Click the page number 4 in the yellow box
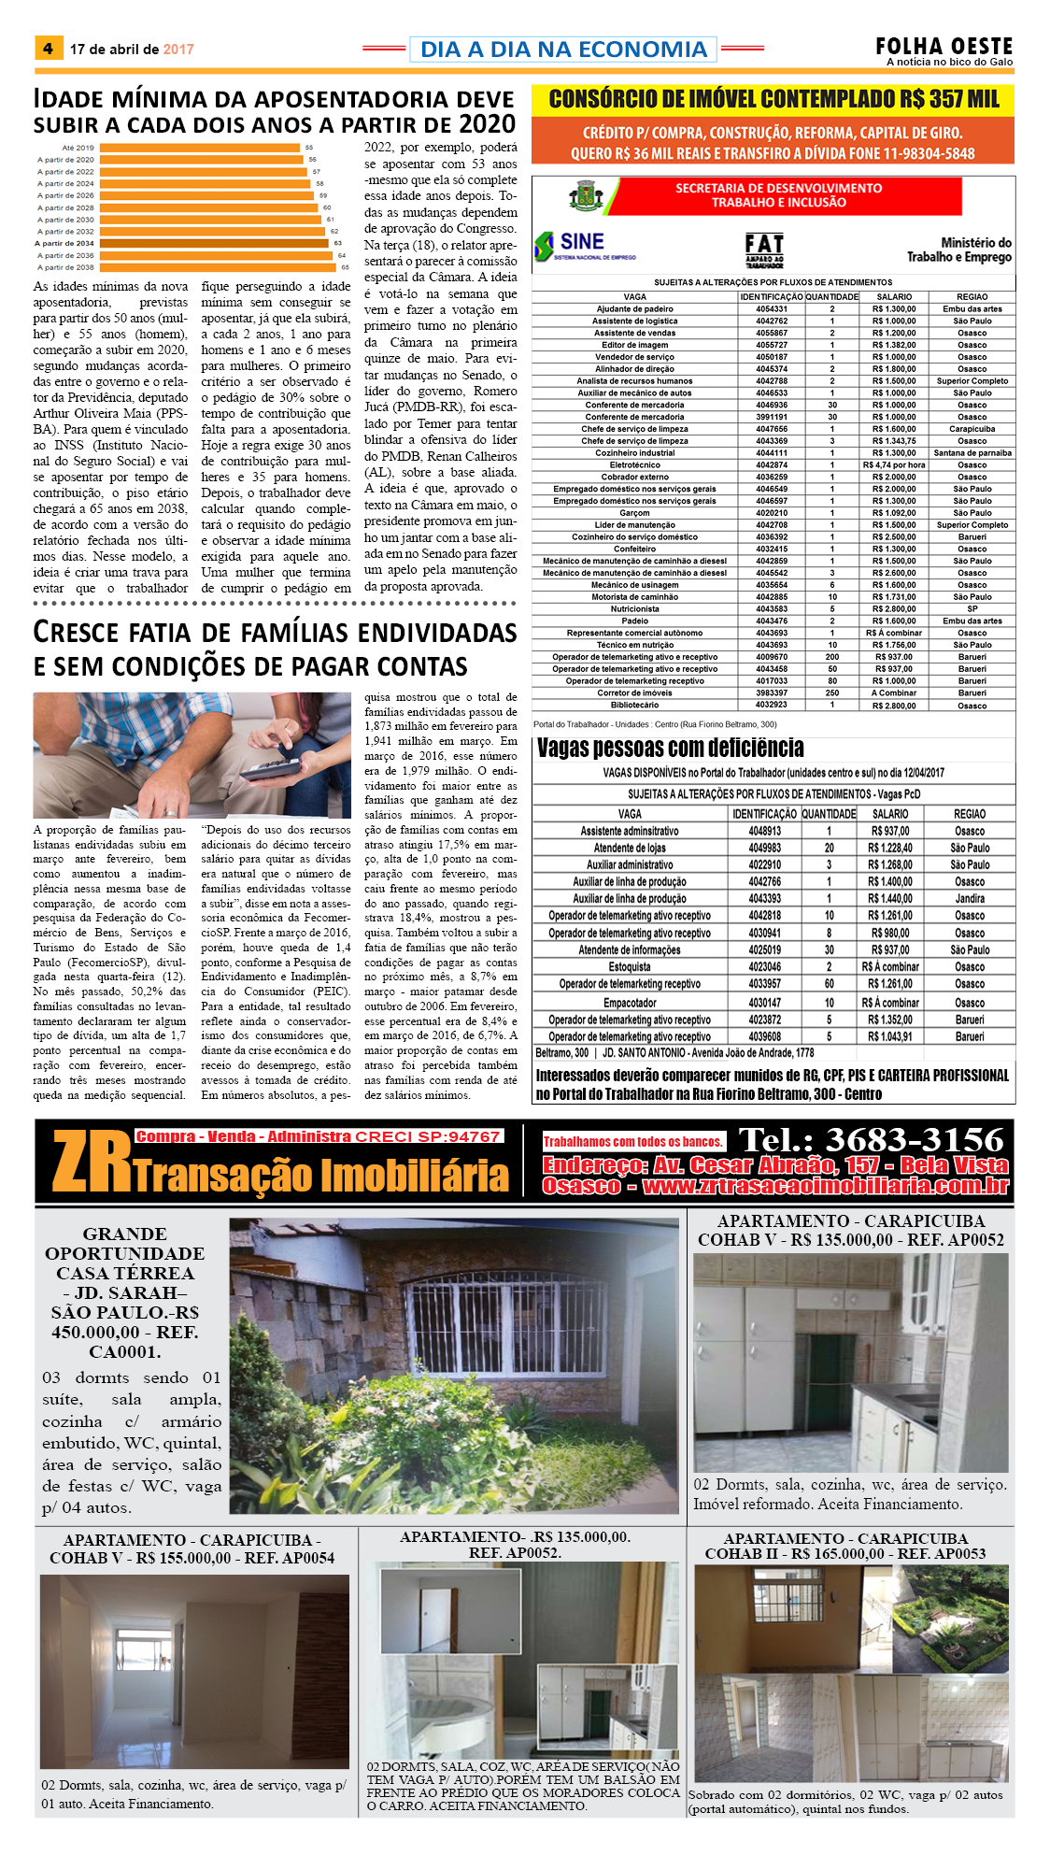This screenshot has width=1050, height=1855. coord(48,49)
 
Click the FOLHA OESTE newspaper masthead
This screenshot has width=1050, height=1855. coord(944,47)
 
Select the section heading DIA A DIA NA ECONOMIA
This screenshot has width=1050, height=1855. coord(563,50)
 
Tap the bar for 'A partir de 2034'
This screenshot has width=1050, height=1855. coord(215,243)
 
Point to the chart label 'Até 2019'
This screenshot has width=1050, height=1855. coord(78,148)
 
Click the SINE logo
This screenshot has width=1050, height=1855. coord(572,245)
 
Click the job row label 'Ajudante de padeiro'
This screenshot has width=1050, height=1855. coord(634,309)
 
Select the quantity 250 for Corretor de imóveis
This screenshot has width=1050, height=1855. coord(831,693)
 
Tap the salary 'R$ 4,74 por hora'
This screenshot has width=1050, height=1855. coord(894,465)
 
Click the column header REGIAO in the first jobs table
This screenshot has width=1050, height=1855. coord(972,297)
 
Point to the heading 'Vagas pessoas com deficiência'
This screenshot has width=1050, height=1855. coord(670,749)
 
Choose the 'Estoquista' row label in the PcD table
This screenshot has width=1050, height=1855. coord(630,967)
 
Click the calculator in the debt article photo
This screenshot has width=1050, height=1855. coord(271,768)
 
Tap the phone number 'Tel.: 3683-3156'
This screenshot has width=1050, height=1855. coord(871,1139)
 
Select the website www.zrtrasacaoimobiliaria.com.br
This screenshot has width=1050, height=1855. coord(826,1187)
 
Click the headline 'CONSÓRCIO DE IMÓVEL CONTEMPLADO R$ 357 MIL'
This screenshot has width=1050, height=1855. coord(773,100)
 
